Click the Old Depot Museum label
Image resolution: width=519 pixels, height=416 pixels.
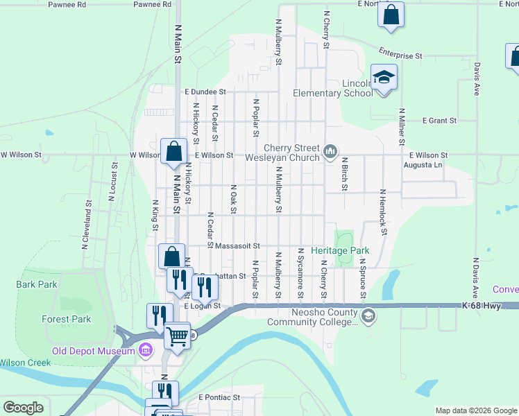pos(92,351)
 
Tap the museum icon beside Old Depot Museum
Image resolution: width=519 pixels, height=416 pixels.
pos(146,350)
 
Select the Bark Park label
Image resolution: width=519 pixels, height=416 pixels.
pos(37,284)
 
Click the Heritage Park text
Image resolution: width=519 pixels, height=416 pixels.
pos(339,250)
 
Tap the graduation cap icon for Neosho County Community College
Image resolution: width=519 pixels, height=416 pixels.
pos(369,316)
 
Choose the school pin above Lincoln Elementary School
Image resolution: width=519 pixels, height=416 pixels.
pos(384,78)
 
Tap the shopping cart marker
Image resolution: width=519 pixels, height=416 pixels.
pos(178,336)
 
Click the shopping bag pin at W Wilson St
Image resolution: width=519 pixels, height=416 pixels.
pos(173,151)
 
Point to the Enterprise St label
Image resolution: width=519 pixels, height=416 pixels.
pos(400,53)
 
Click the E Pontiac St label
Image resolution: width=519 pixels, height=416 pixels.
pos(219,398)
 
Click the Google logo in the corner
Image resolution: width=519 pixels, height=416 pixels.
pos(23,408)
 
